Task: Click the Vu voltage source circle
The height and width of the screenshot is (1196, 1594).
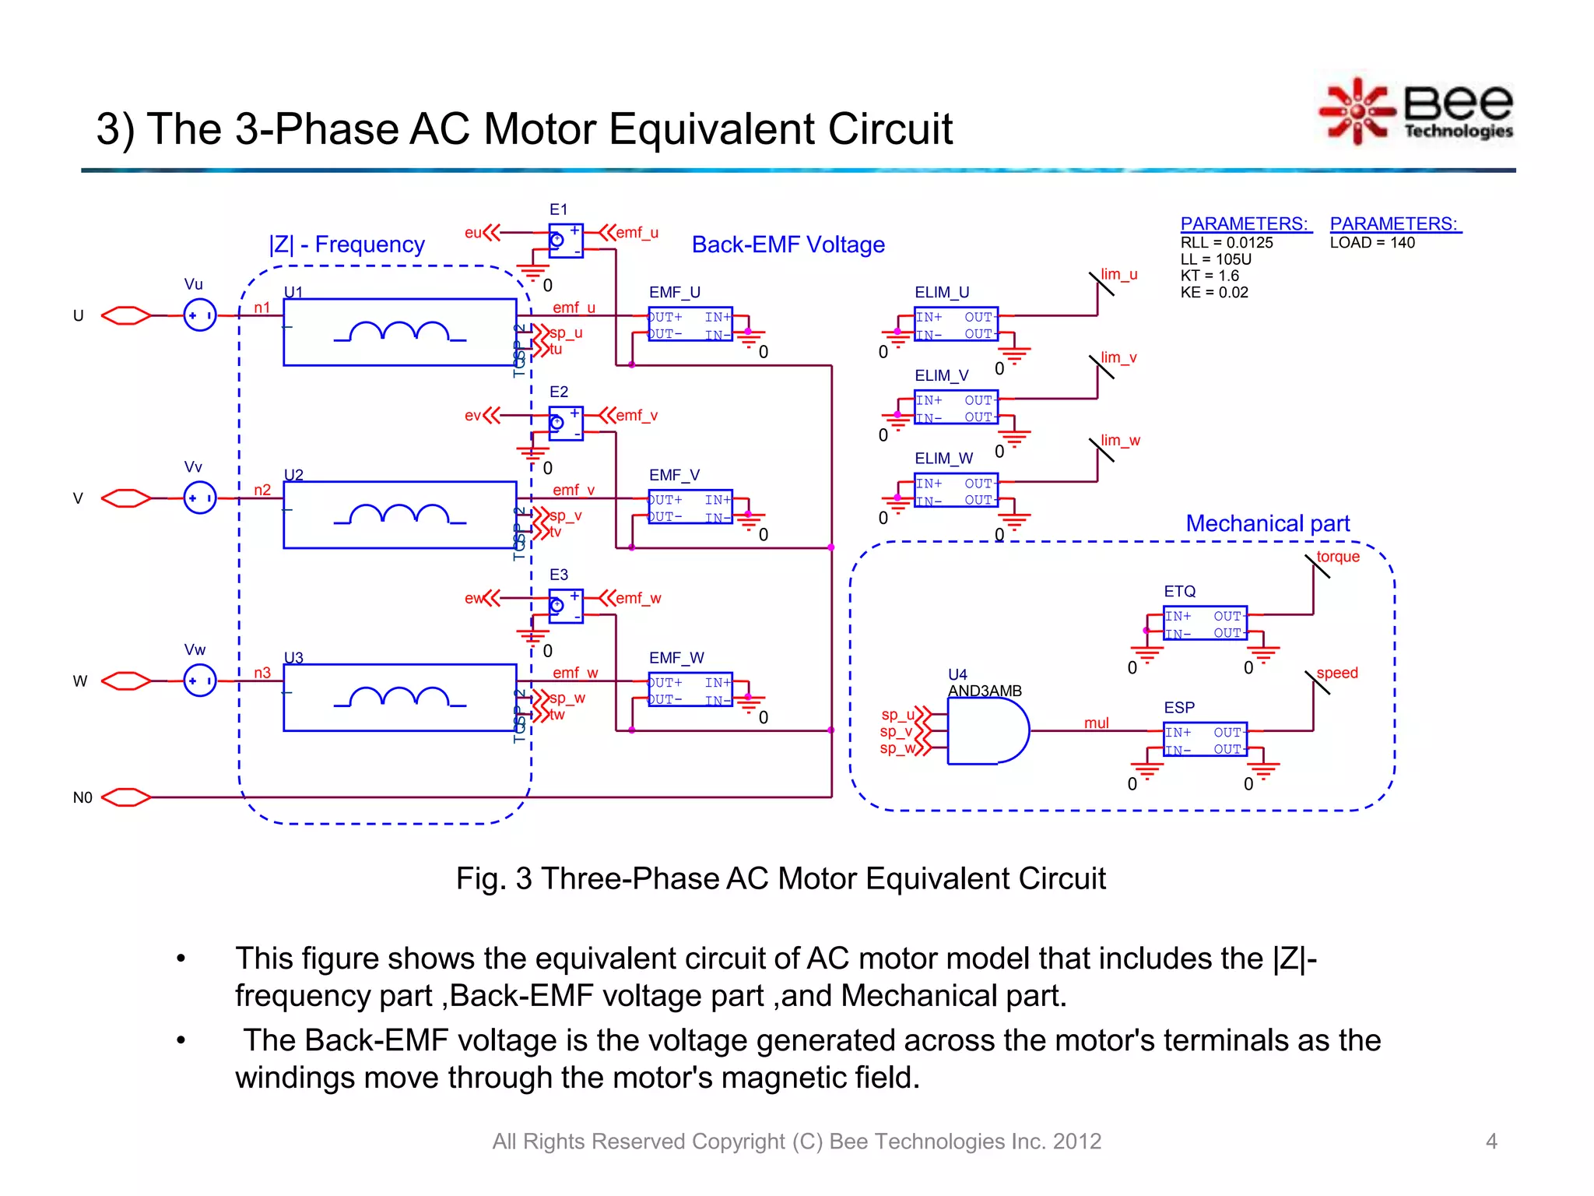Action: click(200, 315)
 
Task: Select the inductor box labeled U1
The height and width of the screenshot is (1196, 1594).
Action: click(399, 332)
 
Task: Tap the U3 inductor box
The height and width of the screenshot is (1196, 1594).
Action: click(399, 698)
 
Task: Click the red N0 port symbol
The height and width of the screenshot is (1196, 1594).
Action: click(126, 797)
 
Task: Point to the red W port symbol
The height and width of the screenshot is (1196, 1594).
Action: click(126, 681)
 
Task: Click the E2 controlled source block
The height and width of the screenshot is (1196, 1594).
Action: click(566, 424)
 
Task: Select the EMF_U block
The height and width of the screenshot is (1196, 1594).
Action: click(690, 325)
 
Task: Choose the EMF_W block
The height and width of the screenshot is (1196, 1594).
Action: click(690, 690)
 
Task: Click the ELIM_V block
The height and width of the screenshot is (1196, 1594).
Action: click(956, 408)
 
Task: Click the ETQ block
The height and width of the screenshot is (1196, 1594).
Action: click(1205, 624)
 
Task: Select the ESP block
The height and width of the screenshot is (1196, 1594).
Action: click(1205, 740)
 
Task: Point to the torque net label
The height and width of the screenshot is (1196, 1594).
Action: click(1337, 557)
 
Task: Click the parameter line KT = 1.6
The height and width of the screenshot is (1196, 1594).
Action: click(1210, 276)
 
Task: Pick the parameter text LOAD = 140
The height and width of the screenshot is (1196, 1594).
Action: click(1371, 243)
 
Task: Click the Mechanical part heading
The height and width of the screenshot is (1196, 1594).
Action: click(1267, 523)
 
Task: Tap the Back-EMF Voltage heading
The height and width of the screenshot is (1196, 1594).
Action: click(788, 244)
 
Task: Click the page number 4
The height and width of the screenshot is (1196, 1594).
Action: click(1491, 1141)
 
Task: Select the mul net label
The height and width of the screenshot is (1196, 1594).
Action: click(1096, 723)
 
